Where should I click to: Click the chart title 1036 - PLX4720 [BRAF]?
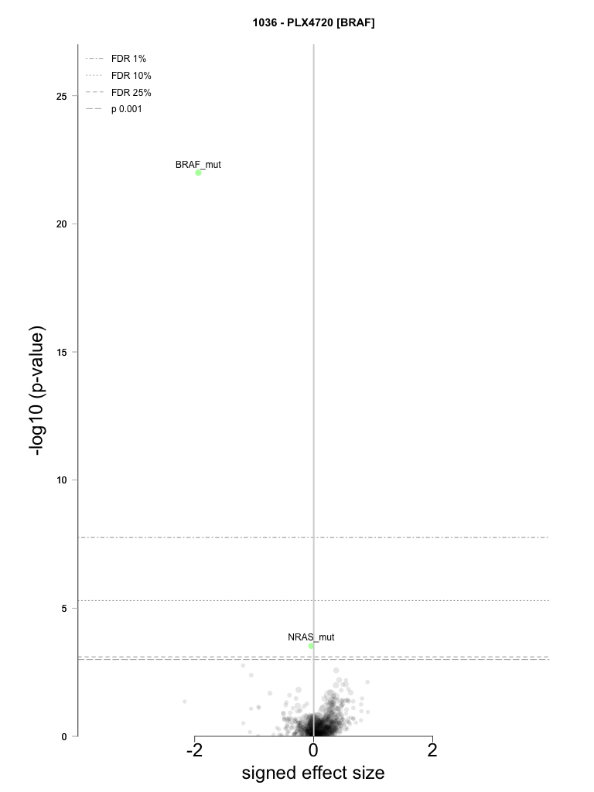314,22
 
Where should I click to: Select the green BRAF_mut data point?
199,172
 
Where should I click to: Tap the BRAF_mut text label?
198,165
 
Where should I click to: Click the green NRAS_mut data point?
311,646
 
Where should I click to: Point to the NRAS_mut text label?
311,637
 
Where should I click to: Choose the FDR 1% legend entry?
116,59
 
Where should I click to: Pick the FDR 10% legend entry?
118,76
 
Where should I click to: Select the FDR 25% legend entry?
118,93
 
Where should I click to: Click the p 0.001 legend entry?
114,109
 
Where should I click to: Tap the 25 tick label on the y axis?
62,97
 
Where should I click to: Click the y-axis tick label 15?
62,353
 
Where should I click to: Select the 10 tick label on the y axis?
62,480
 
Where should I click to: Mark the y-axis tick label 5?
64,609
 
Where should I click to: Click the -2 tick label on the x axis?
194,750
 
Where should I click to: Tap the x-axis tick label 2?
432,750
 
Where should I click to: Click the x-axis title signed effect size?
313,773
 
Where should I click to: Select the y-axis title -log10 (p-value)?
37,391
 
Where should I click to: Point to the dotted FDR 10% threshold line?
313,600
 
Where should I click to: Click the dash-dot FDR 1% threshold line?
313,537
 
